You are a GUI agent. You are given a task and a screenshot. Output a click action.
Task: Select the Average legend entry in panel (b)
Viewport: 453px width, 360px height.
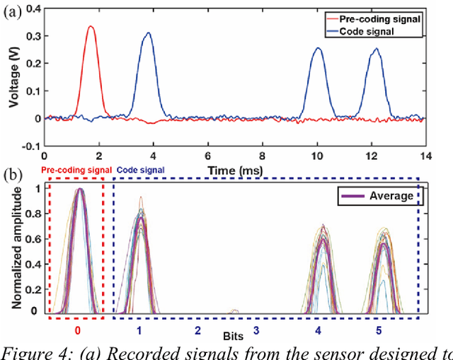tap(388, 195)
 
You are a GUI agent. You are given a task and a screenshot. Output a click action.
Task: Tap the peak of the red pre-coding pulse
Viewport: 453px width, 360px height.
tap(90, 26)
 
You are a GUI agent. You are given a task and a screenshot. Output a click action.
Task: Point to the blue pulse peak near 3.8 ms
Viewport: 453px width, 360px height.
tap(148, 33)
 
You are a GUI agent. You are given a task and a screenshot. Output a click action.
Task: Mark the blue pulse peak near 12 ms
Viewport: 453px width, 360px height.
tap(377, 49)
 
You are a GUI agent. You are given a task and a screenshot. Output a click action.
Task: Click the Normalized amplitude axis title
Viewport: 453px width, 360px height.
tap(14, 248)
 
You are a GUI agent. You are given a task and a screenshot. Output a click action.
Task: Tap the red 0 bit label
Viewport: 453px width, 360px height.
tap(78, 330)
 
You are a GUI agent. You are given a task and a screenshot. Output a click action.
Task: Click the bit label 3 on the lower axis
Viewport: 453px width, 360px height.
tap(256, 330)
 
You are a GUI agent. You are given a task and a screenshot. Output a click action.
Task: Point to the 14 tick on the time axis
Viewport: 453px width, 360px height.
tap(423, 154)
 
